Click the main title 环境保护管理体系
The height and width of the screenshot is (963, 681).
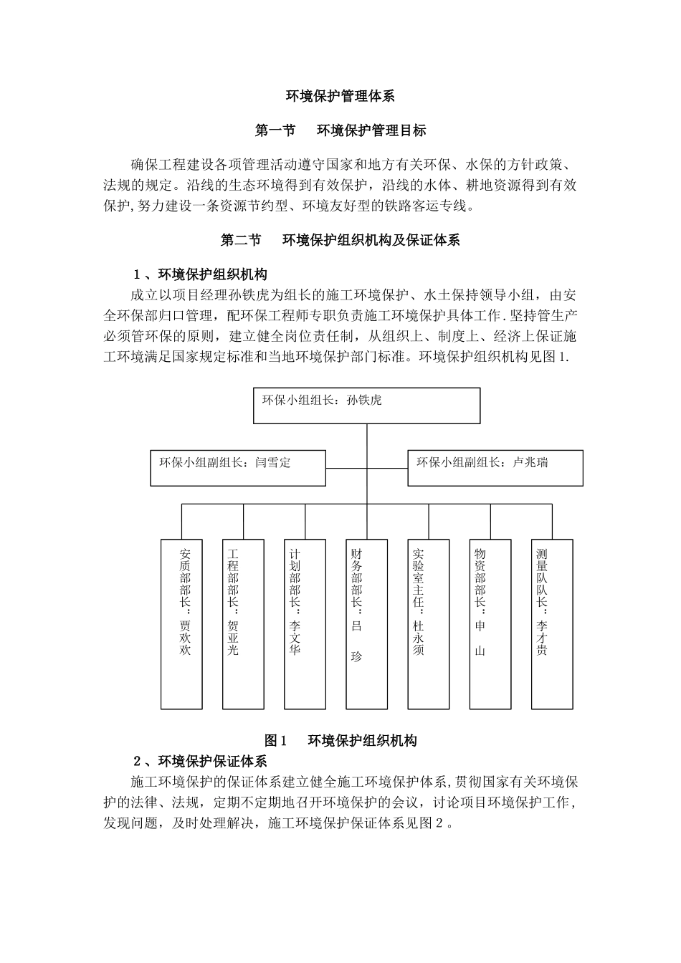point(340,95)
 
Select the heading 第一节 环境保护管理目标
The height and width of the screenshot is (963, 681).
point(340,130)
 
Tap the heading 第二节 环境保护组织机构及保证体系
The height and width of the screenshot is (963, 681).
point(340,241)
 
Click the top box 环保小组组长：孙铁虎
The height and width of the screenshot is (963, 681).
point(366,406)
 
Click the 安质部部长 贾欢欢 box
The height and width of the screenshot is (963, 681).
point(181,624)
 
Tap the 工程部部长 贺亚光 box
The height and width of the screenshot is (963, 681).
point(243,624)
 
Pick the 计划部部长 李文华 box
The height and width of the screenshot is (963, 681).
point(305,624)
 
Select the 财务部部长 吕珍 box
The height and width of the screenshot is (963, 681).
point(366,624)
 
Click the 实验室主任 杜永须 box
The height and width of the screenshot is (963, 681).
point(429,624)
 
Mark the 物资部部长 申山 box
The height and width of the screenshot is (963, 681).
point(490,624)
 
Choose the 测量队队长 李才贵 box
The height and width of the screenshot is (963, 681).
point(552,624)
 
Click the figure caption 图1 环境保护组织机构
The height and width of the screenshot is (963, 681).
point(340,741)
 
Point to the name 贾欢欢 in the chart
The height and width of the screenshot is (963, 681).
point(186,637)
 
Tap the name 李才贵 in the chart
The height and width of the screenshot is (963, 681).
point(542,637)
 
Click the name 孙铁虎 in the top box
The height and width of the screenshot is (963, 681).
point(364,400)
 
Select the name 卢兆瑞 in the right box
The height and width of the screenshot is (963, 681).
point(530,463)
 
